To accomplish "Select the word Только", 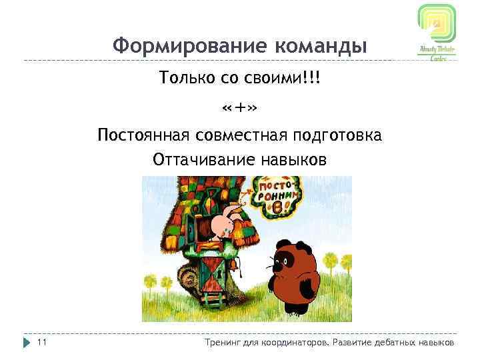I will [x=184, y=79].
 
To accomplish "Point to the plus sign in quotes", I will [x=240, y=108].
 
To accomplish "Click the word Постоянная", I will [x=144, y=135].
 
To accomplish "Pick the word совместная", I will [x=241, y=135].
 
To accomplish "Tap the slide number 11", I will [x=41, y=342].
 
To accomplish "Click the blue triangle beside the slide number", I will [x=27, y=342].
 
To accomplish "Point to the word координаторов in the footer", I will [x=294, y=342].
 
